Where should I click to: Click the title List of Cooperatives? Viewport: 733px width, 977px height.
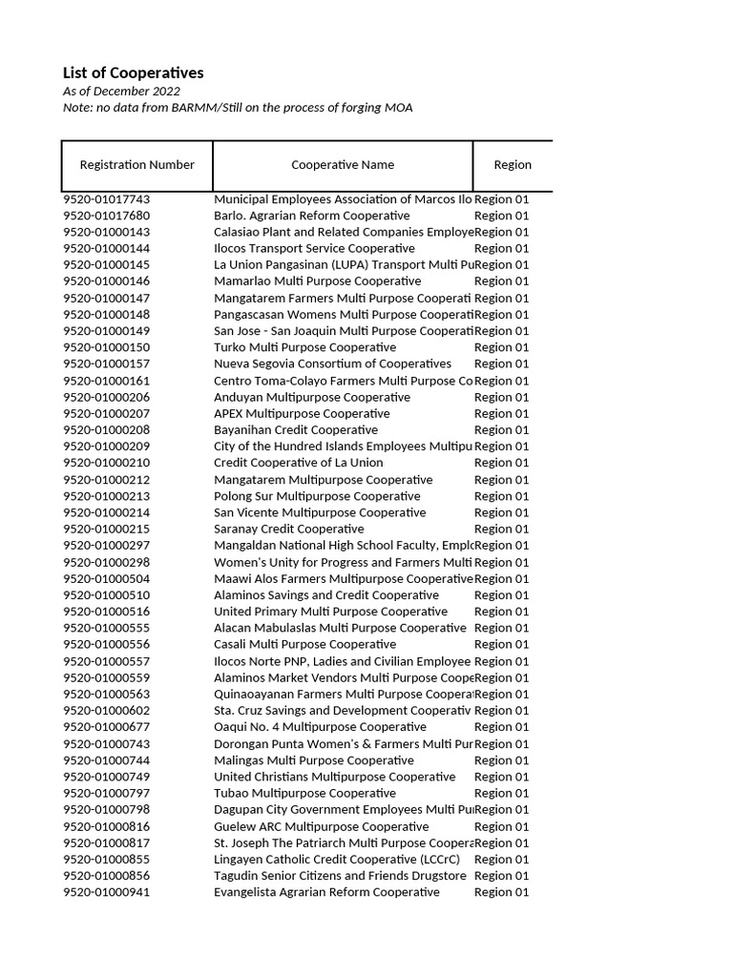(x=133, y=73)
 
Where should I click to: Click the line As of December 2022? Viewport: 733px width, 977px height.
(x=121, y=91)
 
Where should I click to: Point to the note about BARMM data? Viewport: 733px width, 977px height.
(x=238, y=108)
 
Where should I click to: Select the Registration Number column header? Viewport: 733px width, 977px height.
(x=136, y=165)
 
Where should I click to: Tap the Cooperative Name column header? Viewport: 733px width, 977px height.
(x=343, y=165)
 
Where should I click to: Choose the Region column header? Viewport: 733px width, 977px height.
(x=513, y=165)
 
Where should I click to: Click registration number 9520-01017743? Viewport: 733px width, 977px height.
(x=107, y=199)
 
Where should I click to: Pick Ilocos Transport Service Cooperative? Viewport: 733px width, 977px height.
(x=314, y=248)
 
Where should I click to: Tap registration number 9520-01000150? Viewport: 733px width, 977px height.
(x=107, y=347)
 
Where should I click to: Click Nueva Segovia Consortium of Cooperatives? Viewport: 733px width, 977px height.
(x=332, y=364)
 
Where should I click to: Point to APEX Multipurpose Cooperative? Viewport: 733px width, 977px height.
(x=302, y=413)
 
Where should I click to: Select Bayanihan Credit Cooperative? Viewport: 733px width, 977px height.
(x=296, y=429)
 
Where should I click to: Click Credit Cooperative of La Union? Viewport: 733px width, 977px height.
(x=299, y=463)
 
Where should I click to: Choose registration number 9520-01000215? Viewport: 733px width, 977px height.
(x=107, y=529)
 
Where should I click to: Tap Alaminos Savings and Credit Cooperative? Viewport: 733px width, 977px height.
(x=326, y=595)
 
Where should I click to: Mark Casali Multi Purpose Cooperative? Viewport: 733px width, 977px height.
(x=304, y=644)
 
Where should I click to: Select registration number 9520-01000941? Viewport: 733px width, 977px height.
(x=107, y=892)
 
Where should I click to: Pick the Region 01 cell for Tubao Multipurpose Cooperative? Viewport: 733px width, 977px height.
(x=501, y=793)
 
